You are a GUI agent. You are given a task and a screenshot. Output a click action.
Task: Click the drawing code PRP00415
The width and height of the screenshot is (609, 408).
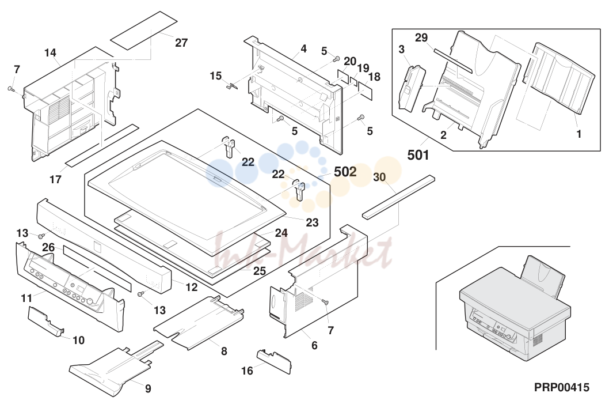pos(562,387)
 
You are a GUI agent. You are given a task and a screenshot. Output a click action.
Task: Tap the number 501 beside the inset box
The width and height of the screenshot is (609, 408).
pos(418,155)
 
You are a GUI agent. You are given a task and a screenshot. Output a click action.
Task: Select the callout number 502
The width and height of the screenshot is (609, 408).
pos(345,172)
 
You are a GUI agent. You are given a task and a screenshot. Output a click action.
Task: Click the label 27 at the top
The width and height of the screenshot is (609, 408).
pos(181,43)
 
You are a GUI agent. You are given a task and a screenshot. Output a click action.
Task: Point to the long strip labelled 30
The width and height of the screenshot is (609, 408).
pos(398,197)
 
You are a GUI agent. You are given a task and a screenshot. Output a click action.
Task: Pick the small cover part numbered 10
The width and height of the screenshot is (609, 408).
pos(46,321)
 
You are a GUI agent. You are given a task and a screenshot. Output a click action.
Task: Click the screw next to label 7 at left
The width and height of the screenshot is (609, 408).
pos(11,89)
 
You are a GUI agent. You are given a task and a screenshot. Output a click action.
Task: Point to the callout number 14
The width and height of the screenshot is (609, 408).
pos(50,52)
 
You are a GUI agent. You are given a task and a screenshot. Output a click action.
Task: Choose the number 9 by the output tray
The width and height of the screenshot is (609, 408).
pos(148,388)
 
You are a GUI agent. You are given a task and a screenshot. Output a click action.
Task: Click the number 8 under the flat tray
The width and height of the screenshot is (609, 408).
pos(224,351)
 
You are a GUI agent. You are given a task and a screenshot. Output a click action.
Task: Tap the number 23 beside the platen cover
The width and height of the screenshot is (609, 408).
pos(312,222)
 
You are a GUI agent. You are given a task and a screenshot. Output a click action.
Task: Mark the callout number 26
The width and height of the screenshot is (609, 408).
pos(48,247)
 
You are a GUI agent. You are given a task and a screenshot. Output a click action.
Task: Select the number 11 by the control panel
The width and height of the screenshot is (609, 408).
pos(26,299)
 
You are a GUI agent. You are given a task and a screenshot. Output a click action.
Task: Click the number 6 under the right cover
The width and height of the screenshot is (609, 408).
pos(314,345)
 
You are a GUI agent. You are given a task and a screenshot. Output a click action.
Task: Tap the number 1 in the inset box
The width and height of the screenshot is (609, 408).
pos(578,134)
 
